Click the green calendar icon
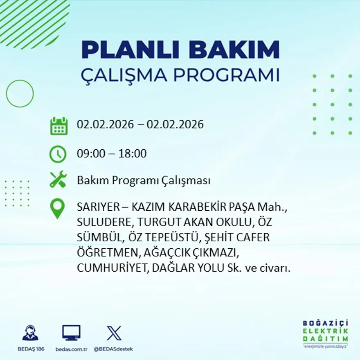[x=59, y=126]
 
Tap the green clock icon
[x=58, y=154]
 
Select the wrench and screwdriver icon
[x=58, y=180]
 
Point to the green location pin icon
[x=57, y=208]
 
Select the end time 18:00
[x=132, y=154]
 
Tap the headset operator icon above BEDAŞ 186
[x=30, y=333]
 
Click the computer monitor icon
[x=71, y=333]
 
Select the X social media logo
[x=114, y=333]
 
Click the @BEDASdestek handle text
[x=113, y=349]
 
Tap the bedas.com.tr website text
[x=71, y=349]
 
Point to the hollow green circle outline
[x=20, y=94]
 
